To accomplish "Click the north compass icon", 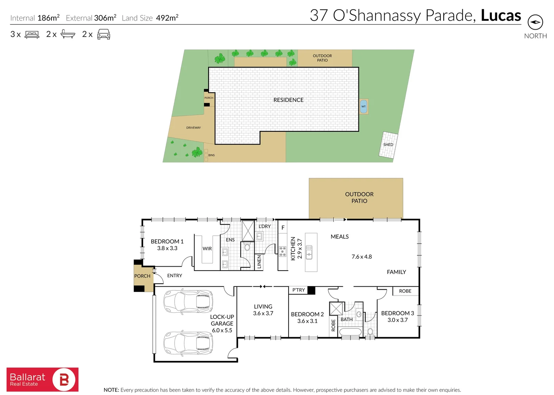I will [535, 22].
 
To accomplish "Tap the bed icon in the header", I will [32, 35].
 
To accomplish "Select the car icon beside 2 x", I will [104, 34].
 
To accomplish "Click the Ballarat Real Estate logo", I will [42, 379].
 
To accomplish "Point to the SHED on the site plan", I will [388, 145].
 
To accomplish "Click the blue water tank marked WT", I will [363, 106].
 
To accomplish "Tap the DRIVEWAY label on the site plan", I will [193, 128].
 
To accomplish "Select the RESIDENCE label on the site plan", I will [288, 100].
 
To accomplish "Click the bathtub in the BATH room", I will [350, 332].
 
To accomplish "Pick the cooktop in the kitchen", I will [283, 251].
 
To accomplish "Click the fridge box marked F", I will [283, 227].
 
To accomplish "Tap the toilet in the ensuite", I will [247, 247].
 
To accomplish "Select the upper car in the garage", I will [188, 302].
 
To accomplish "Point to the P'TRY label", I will [298, 290].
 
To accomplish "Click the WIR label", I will [207, 249].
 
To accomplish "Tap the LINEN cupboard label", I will [259, 262].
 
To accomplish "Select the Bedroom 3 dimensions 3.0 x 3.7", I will [397, 320].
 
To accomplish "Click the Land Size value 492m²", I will [167, 18].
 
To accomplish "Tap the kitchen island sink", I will [309, 252].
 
